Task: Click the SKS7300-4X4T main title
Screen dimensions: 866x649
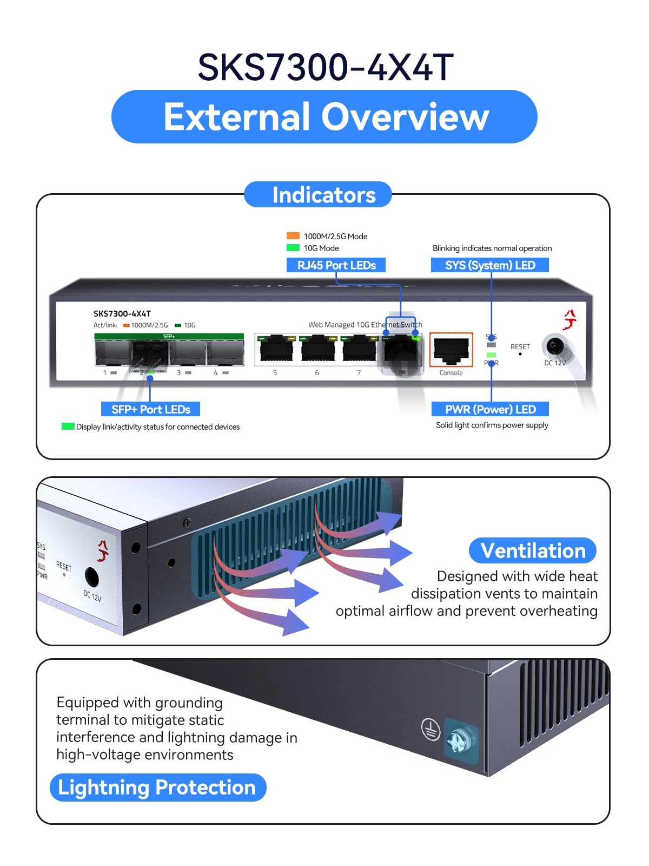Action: (x=325, y=68)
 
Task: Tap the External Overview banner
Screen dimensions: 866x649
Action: (x=325, y=117)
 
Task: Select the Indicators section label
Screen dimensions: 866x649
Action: (x=323, y=195)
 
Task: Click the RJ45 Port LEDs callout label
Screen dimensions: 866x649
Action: (x=336, y=265)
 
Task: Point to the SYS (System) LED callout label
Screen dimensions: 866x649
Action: (x=490, y=265)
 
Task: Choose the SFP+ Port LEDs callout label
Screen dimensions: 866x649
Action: (x=150, y=409)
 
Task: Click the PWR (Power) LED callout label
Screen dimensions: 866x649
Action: (x=490, y=409)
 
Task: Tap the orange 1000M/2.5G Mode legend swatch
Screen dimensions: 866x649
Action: (x=293, y=236)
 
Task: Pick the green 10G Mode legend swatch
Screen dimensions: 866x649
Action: (x=293, y=248)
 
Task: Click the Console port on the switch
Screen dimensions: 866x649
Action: (x=451, y=350)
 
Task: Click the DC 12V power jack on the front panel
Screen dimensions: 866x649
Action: (x=555, y=345)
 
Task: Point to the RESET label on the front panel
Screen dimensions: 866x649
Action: (x=520, y=346)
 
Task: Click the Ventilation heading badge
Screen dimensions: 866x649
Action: (x=533, y=551)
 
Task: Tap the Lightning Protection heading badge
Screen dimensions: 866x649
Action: (x=157, y=788)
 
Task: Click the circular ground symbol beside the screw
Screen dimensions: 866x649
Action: (x=431, y=729)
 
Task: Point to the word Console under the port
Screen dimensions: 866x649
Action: (x=451, y=373)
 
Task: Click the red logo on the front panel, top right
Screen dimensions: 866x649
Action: (x=569, y=320)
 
